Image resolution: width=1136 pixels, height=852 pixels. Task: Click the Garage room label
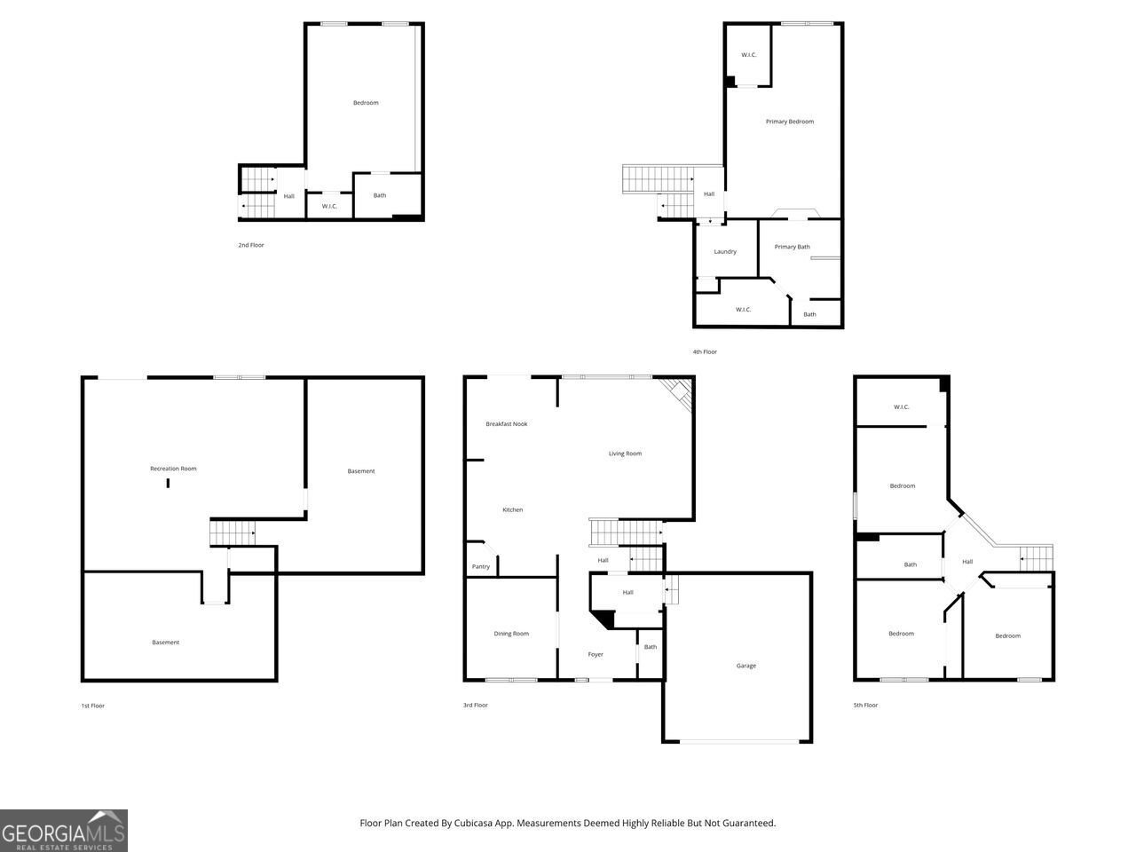pyautogui.click(x=746, y=666)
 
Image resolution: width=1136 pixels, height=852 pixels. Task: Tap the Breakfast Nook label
pyautogui.click(x=506, y=424)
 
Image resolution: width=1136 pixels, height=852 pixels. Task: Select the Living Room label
pyautogui.click(x=625, y=454)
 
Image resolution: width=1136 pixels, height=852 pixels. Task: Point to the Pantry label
pyautogui.click(x=480, y=567)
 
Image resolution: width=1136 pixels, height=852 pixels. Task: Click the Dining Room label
pyautogui.click(x=511, y=634)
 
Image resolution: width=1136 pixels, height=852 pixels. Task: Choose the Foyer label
pyautogui.click(x=596, y=655)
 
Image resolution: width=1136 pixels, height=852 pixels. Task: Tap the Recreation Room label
pyautogui.click(x=173, y=469)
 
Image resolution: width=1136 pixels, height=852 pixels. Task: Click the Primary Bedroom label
pyautogui.click(x=789, y=122)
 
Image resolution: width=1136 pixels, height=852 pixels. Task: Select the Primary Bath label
pyautogui.click(x=792, y=247)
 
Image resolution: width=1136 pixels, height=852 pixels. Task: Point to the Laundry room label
pyautogui.click(x=725, y=252)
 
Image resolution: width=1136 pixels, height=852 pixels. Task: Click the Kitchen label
pyautogui.click(x=512, y=509)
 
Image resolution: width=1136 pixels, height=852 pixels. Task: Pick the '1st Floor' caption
pyautogui.click(x=92, y=706)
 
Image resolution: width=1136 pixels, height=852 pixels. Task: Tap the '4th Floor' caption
pyautogui.click(x=705, y=352)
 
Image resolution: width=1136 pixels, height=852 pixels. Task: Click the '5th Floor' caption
pyautogui.click(x=865, y=706)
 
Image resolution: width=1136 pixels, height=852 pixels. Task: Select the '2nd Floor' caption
pyautogui.click(x=250, y=245)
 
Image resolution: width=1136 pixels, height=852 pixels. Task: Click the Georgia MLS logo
pyautogui.click(x=64, y=831)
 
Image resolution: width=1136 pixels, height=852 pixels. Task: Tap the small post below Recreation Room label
pyautogui.click(x=168, y=483)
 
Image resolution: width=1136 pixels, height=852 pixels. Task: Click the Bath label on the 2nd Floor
pyautogui.click(x=380, y=196)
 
